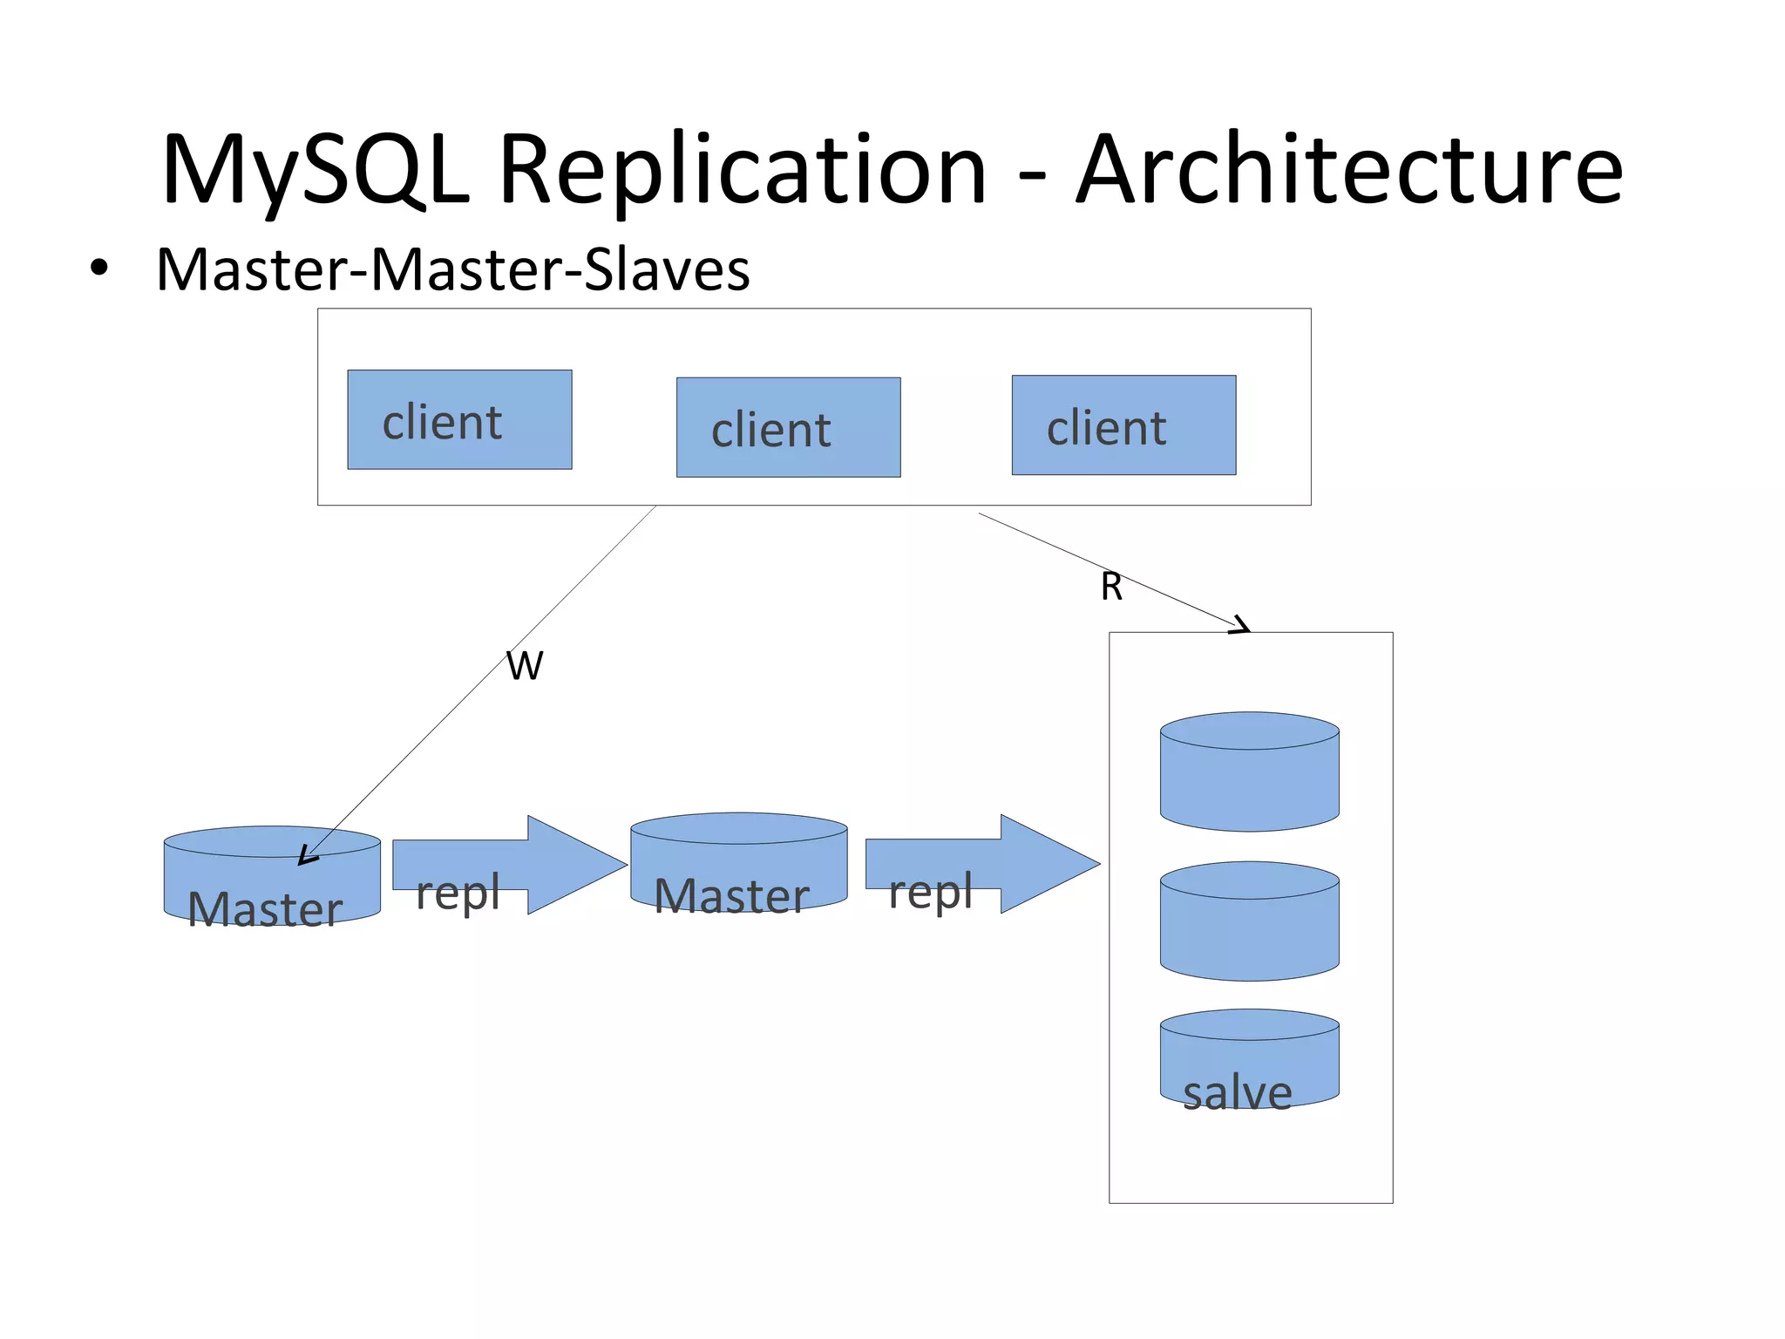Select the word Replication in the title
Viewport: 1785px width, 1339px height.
tap(743, 170)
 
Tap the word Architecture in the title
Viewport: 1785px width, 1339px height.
tap(1349, 170)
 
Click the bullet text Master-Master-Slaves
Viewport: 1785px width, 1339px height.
tap(452, 269)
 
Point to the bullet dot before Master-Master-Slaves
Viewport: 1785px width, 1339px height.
tap(99, 268)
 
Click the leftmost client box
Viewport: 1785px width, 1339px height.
tap(459, 419)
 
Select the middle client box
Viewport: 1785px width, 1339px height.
tap(788, 427)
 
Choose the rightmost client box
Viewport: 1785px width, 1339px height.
tap(1123, 425)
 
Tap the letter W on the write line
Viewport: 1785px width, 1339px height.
tap(525, 666)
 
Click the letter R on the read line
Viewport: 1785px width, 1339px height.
tap(1111, 587)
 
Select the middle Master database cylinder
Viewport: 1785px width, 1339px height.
tap(738, 863)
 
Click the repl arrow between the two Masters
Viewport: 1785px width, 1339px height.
tap(510, 865)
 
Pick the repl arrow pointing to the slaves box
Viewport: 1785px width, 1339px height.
tap(982, 865)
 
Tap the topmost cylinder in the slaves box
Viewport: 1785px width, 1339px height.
tap(1249, 772)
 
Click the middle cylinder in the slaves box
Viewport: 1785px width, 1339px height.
tap(1249, 921)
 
